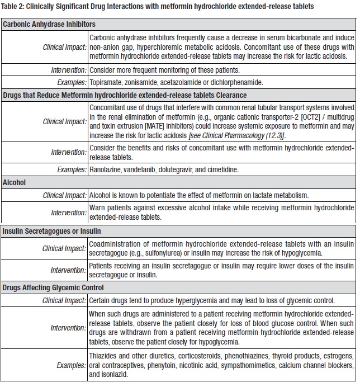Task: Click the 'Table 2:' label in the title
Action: tap(15, 6)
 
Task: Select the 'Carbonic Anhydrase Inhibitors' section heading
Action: tap(49, 25)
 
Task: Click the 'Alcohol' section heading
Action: tap(14, 182)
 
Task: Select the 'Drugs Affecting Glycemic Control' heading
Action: tap(54, 287)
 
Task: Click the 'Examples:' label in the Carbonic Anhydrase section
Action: tap(70, 82)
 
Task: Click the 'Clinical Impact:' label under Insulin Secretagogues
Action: tap(65, 248)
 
